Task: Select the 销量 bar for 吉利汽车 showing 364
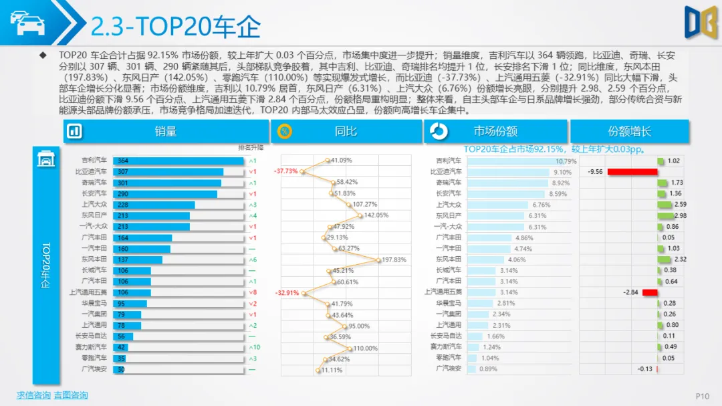(x=178, y=161)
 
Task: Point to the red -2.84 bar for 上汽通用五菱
(x=650, y=292)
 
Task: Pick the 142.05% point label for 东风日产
(x=376, y=215)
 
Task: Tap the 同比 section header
(x=345, y=132)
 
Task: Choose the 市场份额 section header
(x=495, y=132)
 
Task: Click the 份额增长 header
(x=629, y=132)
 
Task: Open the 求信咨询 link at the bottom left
(x=33, y=395)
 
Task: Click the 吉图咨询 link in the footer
(x=70, y=395)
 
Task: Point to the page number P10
(x=702, y=397)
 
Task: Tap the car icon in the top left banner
(x=26, y=23)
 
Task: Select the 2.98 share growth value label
(x=681, y=215)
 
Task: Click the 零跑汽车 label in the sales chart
(x=94, y=359)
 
